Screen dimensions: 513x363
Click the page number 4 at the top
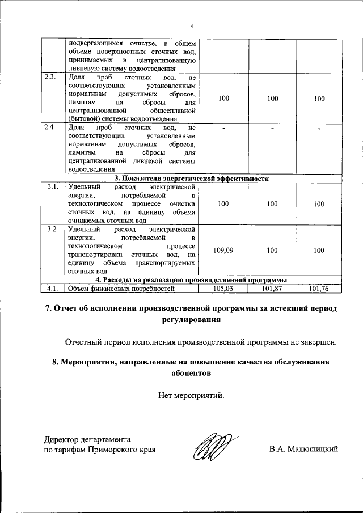point(192,26)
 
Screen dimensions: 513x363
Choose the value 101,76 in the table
point(319,288)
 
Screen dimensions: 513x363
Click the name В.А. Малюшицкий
point(303,450)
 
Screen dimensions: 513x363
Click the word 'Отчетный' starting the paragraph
point(83,342)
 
